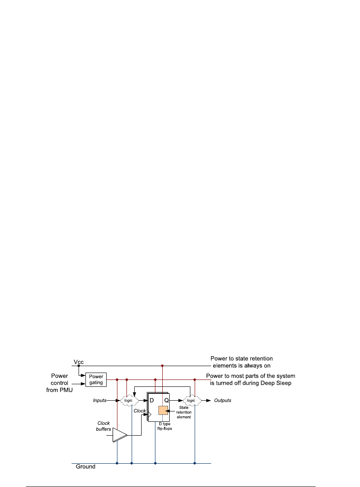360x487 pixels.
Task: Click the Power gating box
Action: [96, 379]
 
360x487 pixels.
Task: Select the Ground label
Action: [85, 467]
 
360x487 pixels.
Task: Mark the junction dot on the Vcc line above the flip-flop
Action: [162, 365]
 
